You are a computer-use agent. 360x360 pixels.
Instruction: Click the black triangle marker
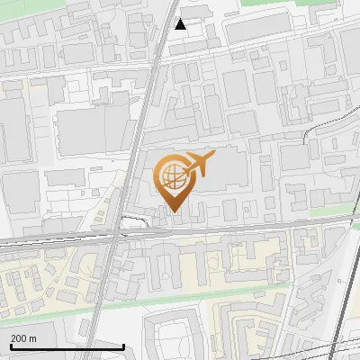point(181,24)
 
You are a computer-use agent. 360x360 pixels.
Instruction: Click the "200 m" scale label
point(24,338)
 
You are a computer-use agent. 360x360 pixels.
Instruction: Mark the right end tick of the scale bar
point(123,346)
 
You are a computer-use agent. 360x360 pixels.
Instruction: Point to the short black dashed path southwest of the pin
point(135,219)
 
